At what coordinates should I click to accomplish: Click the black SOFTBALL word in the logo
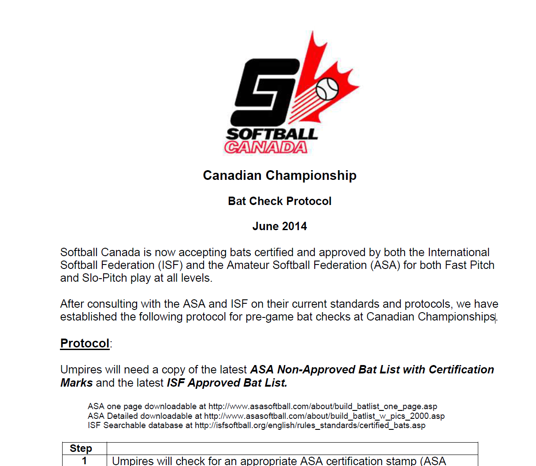272,134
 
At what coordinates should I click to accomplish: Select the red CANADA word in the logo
266,147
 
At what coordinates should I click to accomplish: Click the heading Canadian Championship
279,175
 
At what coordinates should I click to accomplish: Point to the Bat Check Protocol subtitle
279,201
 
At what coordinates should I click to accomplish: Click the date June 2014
279,226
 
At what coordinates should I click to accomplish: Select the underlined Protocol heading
85,343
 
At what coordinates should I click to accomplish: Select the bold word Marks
76,383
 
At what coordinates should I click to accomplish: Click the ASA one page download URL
323,406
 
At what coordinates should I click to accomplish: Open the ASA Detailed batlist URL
324,416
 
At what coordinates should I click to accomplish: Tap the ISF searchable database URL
310,425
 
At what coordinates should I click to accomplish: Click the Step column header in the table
81,448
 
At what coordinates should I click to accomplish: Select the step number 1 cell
84,461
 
